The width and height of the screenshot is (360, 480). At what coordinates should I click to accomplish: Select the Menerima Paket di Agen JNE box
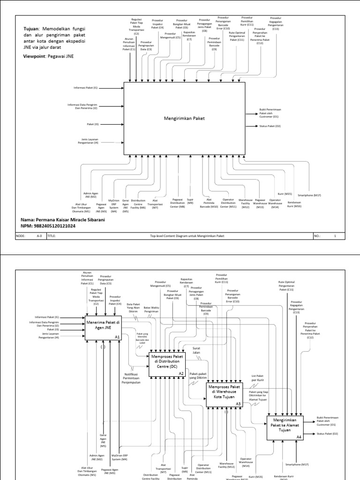pos(103,326)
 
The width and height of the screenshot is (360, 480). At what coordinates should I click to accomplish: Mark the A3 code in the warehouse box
pos(238,404)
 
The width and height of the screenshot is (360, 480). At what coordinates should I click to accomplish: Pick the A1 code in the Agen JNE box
pos(117,337)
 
